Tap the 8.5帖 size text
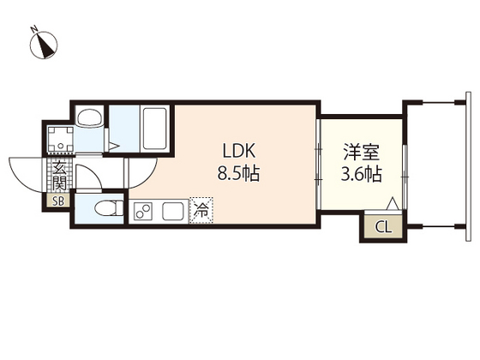239,172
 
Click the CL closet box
382,227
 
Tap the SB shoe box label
58,202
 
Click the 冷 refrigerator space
202,209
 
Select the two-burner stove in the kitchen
144,210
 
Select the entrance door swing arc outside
26,170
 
